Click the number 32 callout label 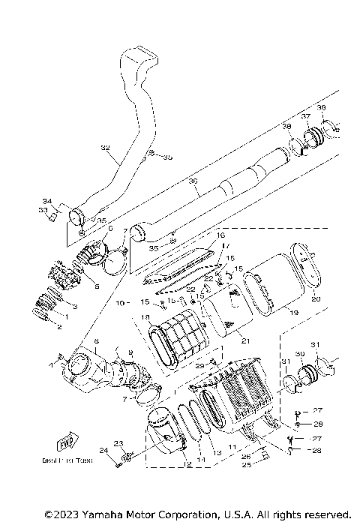point(104,148)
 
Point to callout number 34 point(46,201)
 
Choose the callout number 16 point(221,235)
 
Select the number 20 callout point(315,299)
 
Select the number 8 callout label point(96,341)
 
